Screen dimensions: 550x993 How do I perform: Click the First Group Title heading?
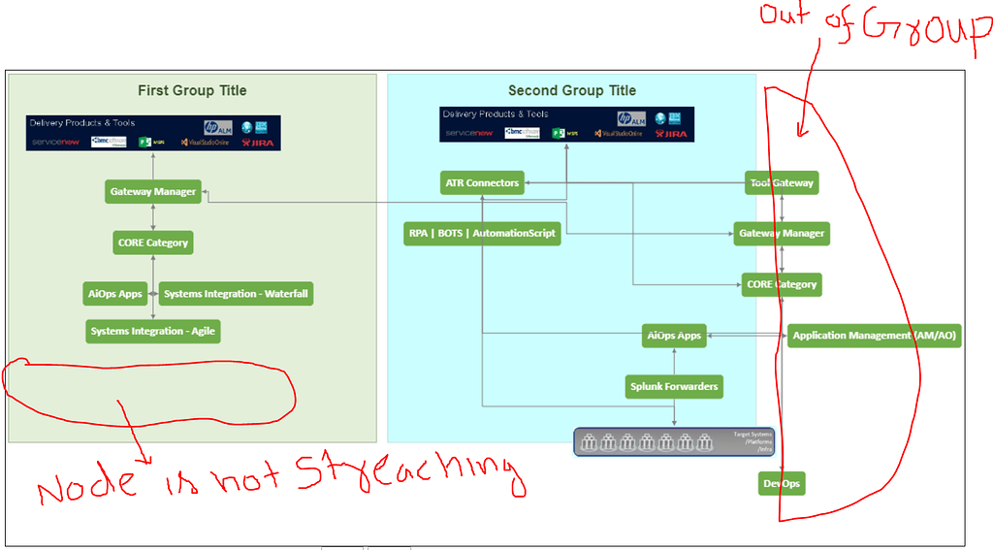[192, 90]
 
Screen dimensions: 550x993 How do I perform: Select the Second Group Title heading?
[572, 90]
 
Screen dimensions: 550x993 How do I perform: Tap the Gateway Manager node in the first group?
[153, 191]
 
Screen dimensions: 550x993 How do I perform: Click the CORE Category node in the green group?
[153, 242]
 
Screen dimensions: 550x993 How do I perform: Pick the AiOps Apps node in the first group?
[116, 293]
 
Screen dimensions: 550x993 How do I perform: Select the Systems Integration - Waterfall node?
[238, 293]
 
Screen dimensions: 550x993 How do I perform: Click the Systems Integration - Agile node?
[153, 331]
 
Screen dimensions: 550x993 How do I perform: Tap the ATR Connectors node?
[482, 182]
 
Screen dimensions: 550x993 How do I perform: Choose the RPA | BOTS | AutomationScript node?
[482, 233]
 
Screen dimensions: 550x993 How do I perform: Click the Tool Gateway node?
[782, 182]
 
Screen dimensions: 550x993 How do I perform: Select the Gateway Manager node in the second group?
[782, 233]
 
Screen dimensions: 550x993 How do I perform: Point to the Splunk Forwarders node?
[674, 386]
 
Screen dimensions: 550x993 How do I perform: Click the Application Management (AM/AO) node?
[874, 336]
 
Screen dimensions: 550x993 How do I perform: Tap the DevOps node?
[781, 482]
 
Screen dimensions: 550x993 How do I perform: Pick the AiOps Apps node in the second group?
[674, 336]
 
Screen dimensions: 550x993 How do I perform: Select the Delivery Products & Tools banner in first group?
[153, 133]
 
